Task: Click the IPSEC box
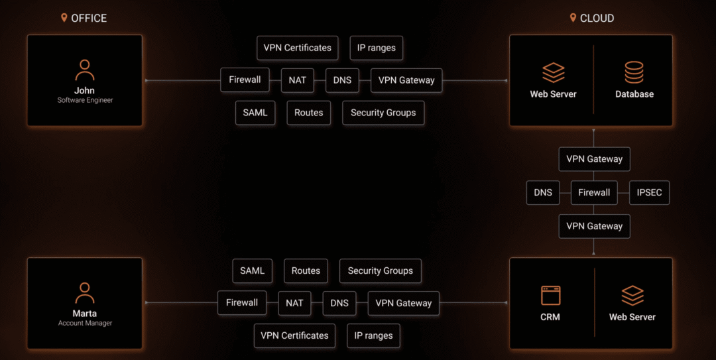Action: pyautogui.click(x=649, y=192)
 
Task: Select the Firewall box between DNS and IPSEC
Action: pyautogui.click(x=593, y=192)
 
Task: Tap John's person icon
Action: pyautogui.click(x=85, y=70)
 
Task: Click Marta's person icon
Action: pyautogui.click(x=85, y=293)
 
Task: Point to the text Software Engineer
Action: pyautogui.click(x=85, y=100)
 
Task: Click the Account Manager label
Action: pyautogui.click(x=85, y=323)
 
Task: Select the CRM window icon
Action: pyautogui.click(x=550, y=295)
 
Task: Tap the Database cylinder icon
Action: pyautogui.click(x=634, y=72)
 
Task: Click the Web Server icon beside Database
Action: pyautogui.click(x=554, y=73)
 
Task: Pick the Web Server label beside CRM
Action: pyautogui.click(x=632, y=317)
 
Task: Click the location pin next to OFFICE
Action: pyautogui.click(x=64, y=18)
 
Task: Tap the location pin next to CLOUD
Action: pyautogui.click(x=573, y=18)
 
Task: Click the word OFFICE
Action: pyautogui.click(x=89, y=19)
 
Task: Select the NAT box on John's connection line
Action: pyautogui.click(x=297, y=80)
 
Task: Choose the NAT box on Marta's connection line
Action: pyautogui.click(x=294, y=303)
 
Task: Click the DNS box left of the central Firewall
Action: pyautogui.click(x=543, y=192)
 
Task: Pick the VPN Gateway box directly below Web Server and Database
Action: pyautogui.click(x=594, y=159)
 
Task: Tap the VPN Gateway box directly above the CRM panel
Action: pyautogui.click(x=594, y=226)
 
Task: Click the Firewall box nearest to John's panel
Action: pyautogui.click(x=245, y=80)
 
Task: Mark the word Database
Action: pyautogui.click(x=634, y=94)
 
